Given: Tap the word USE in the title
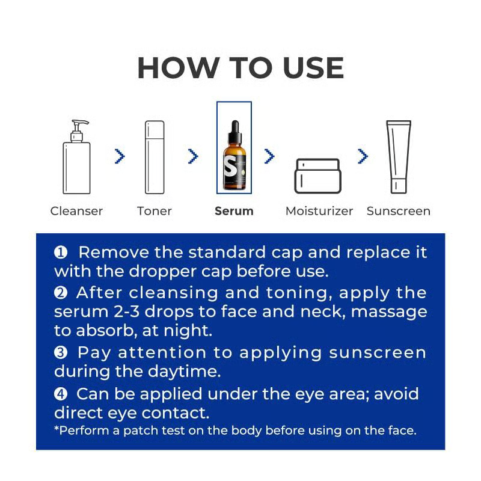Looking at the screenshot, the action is pos(313,68).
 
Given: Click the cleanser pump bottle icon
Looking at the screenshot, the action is pos(76,157).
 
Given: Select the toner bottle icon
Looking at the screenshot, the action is pos(155,157).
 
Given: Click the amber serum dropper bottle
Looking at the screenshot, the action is pos(235,155).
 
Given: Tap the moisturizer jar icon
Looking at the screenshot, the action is pos(318,176).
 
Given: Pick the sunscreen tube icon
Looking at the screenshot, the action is pos(399,157).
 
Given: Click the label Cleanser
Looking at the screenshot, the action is pos(76,211).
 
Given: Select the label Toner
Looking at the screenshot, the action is pos(155,211).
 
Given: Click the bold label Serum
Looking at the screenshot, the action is pos(234,211).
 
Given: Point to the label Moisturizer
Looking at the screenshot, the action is pos(319,211).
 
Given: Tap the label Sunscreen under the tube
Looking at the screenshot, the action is pos(399,211).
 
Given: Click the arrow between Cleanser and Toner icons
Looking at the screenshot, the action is pos(120,156).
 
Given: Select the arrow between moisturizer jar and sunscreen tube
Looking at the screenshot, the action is pos(363,156).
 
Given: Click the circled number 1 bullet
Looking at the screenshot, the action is pos(61,253).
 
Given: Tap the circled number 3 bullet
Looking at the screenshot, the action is pos(61,353).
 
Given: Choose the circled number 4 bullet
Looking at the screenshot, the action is pos(61,394).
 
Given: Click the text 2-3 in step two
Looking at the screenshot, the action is pos(127,311).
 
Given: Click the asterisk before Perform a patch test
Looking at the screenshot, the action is pos(57,428).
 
